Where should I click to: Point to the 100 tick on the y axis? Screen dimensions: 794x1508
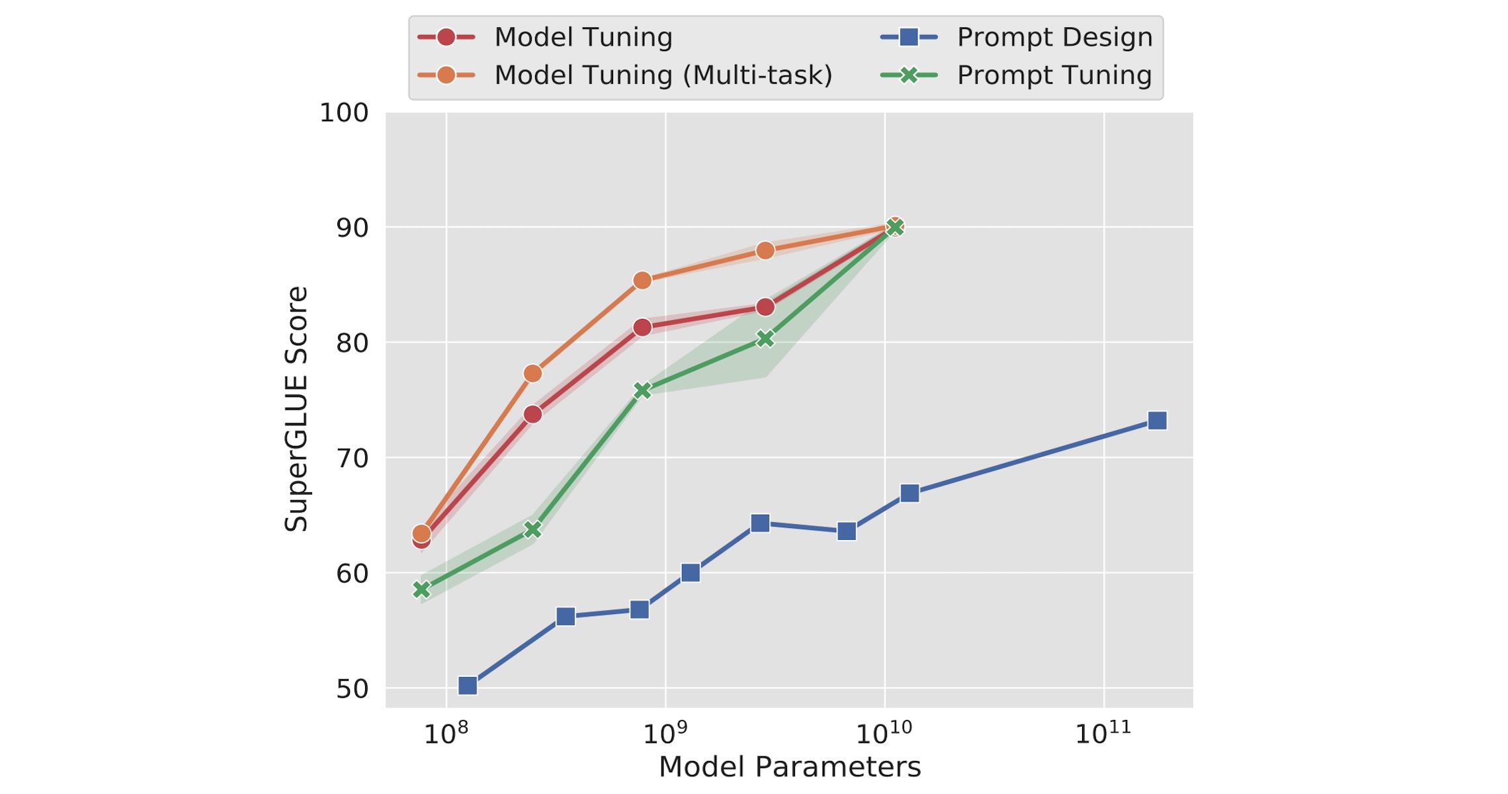pos(344,113)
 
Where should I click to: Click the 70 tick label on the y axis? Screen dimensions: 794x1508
pos(352,459)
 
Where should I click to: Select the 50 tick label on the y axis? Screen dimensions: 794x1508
pos(352,689)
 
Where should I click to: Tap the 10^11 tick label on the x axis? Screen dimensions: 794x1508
pos(1103,733)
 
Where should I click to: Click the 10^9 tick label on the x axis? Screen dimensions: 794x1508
pos(665,733)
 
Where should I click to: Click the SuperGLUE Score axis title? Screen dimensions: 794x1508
pos(296,409)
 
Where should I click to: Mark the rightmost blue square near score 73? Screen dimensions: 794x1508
pos(1157,421)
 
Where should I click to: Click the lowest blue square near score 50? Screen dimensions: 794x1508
pos(468,685)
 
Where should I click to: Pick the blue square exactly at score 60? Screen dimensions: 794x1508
pos(691,572)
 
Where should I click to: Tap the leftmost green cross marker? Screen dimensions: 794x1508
pos(421,590)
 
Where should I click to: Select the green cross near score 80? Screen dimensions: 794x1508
pos(765,339)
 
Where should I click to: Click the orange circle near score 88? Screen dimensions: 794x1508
pos(765,251)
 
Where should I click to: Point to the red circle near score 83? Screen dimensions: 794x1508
pos(765,307)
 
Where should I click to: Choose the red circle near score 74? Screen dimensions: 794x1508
pos(532,415)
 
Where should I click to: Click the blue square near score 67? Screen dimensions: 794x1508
pos(909,494)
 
